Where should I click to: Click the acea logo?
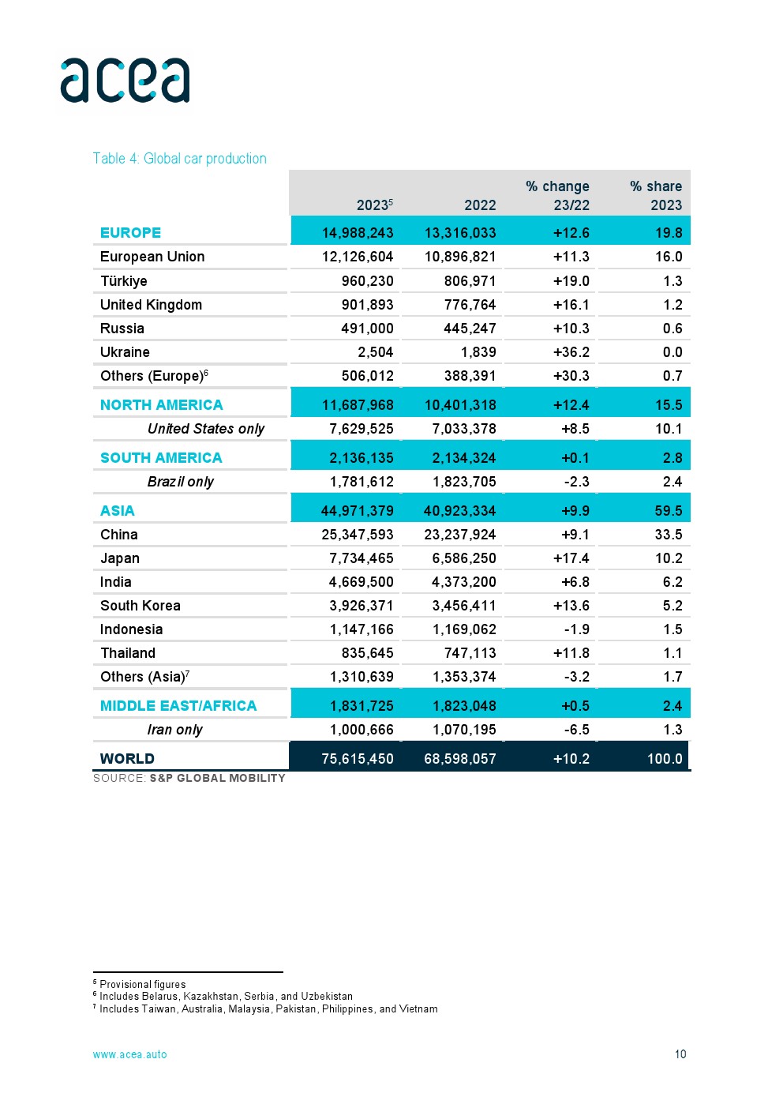pos(125,81)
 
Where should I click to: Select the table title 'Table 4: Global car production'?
pos(180,159)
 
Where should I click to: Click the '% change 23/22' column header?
pos(558,195)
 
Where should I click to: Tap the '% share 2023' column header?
pos(656,195)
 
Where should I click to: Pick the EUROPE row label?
pos(130,233)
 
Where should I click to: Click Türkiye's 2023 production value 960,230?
pos(367,281)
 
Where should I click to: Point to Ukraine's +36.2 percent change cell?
pos(571,352)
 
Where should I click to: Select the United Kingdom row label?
pos(151,305)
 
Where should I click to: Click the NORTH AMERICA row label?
pos(161,405)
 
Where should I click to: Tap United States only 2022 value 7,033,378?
pos(464,429)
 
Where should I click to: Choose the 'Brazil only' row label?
pos(180,482)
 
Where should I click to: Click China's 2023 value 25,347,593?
pos(358,535)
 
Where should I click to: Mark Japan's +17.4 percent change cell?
pos(571,558)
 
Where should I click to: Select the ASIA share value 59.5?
pos(669,511)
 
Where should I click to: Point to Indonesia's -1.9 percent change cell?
pos(576,629)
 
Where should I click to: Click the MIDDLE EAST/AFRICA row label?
pos(178,706)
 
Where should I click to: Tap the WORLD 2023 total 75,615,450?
pos(358,759)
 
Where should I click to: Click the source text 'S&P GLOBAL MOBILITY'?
pos(217,778)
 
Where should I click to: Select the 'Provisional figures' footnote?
pos(142,984)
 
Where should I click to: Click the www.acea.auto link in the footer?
pos(130,1054)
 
